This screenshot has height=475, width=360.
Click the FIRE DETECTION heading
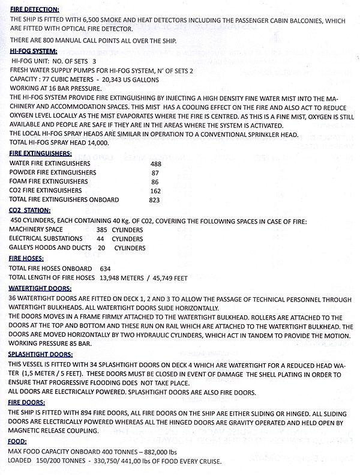34,10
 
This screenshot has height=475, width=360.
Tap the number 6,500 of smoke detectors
90,20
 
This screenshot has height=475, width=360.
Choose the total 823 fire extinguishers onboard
157,199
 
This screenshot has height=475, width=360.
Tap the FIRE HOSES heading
29,258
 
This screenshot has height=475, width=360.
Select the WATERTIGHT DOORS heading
40,288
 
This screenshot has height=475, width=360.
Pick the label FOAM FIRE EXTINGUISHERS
48,181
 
